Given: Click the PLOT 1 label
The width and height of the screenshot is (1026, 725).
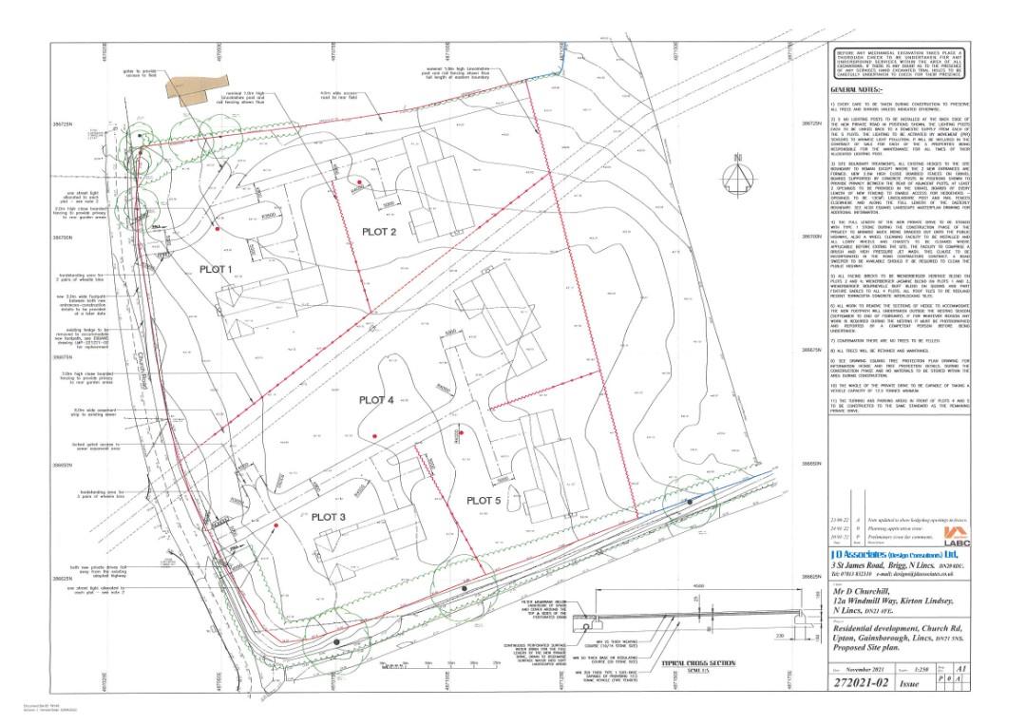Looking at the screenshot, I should tap(217, 269).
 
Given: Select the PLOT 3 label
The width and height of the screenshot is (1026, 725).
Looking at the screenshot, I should tap(328, 516).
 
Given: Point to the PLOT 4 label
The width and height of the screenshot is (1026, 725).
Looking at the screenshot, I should tap(375, 400).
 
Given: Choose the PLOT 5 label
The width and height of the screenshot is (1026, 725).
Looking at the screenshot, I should tap(483, 500).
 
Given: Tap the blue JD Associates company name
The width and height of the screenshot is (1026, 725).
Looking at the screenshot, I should tap(883, 552).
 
